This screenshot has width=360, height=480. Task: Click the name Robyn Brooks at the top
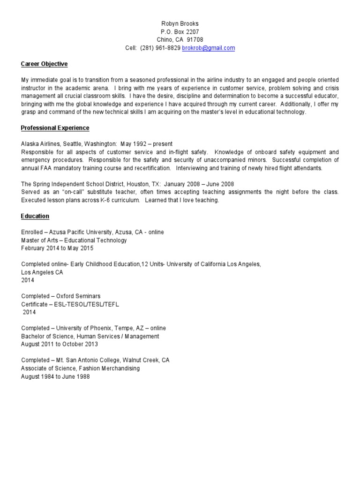coord(180,23)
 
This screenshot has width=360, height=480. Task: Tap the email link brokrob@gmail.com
coord(208,48)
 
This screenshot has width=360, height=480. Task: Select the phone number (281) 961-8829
coord(160,48)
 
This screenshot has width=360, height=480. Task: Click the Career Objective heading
coord(45,64)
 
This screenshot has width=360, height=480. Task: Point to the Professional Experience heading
coord(55,128)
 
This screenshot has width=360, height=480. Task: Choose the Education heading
coord(35,216)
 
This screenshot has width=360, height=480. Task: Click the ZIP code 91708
coord(195,40)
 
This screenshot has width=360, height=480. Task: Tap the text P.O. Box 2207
coord(180,32)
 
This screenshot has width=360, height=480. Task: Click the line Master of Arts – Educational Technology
coord(74,240)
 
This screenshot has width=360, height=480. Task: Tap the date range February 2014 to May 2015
coord(57,248)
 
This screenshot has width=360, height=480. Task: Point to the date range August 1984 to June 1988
coord(55,376)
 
